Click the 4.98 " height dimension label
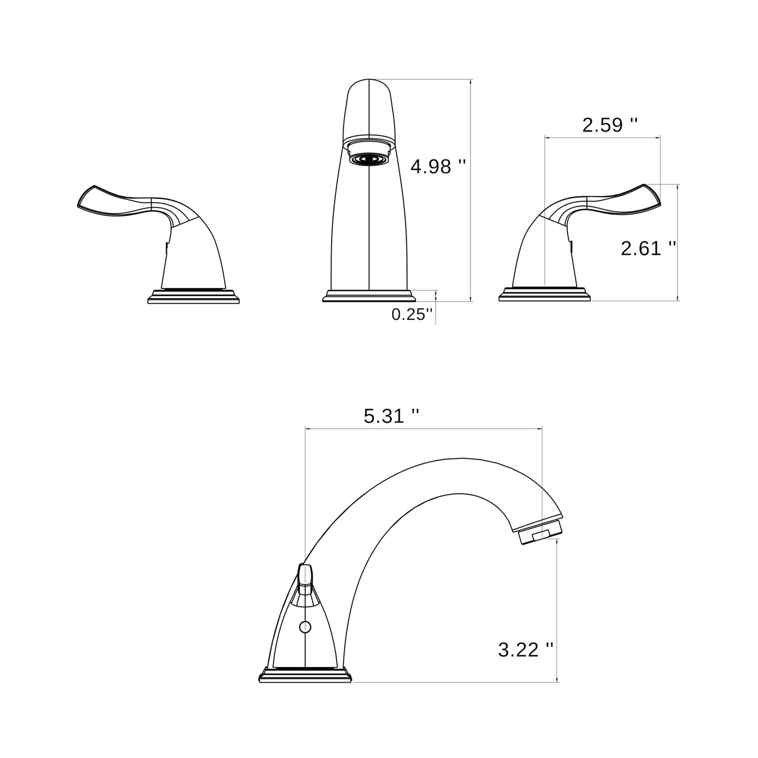438,167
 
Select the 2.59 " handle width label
610,125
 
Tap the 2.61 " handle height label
648,248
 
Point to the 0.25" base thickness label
412,314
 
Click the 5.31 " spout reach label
391,417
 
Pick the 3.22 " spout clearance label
526,650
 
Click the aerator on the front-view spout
369,157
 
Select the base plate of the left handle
194,297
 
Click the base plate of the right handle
545,295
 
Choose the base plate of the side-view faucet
306,675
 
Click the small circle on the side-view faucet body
305,627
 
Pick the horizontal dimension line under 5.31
423,429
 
